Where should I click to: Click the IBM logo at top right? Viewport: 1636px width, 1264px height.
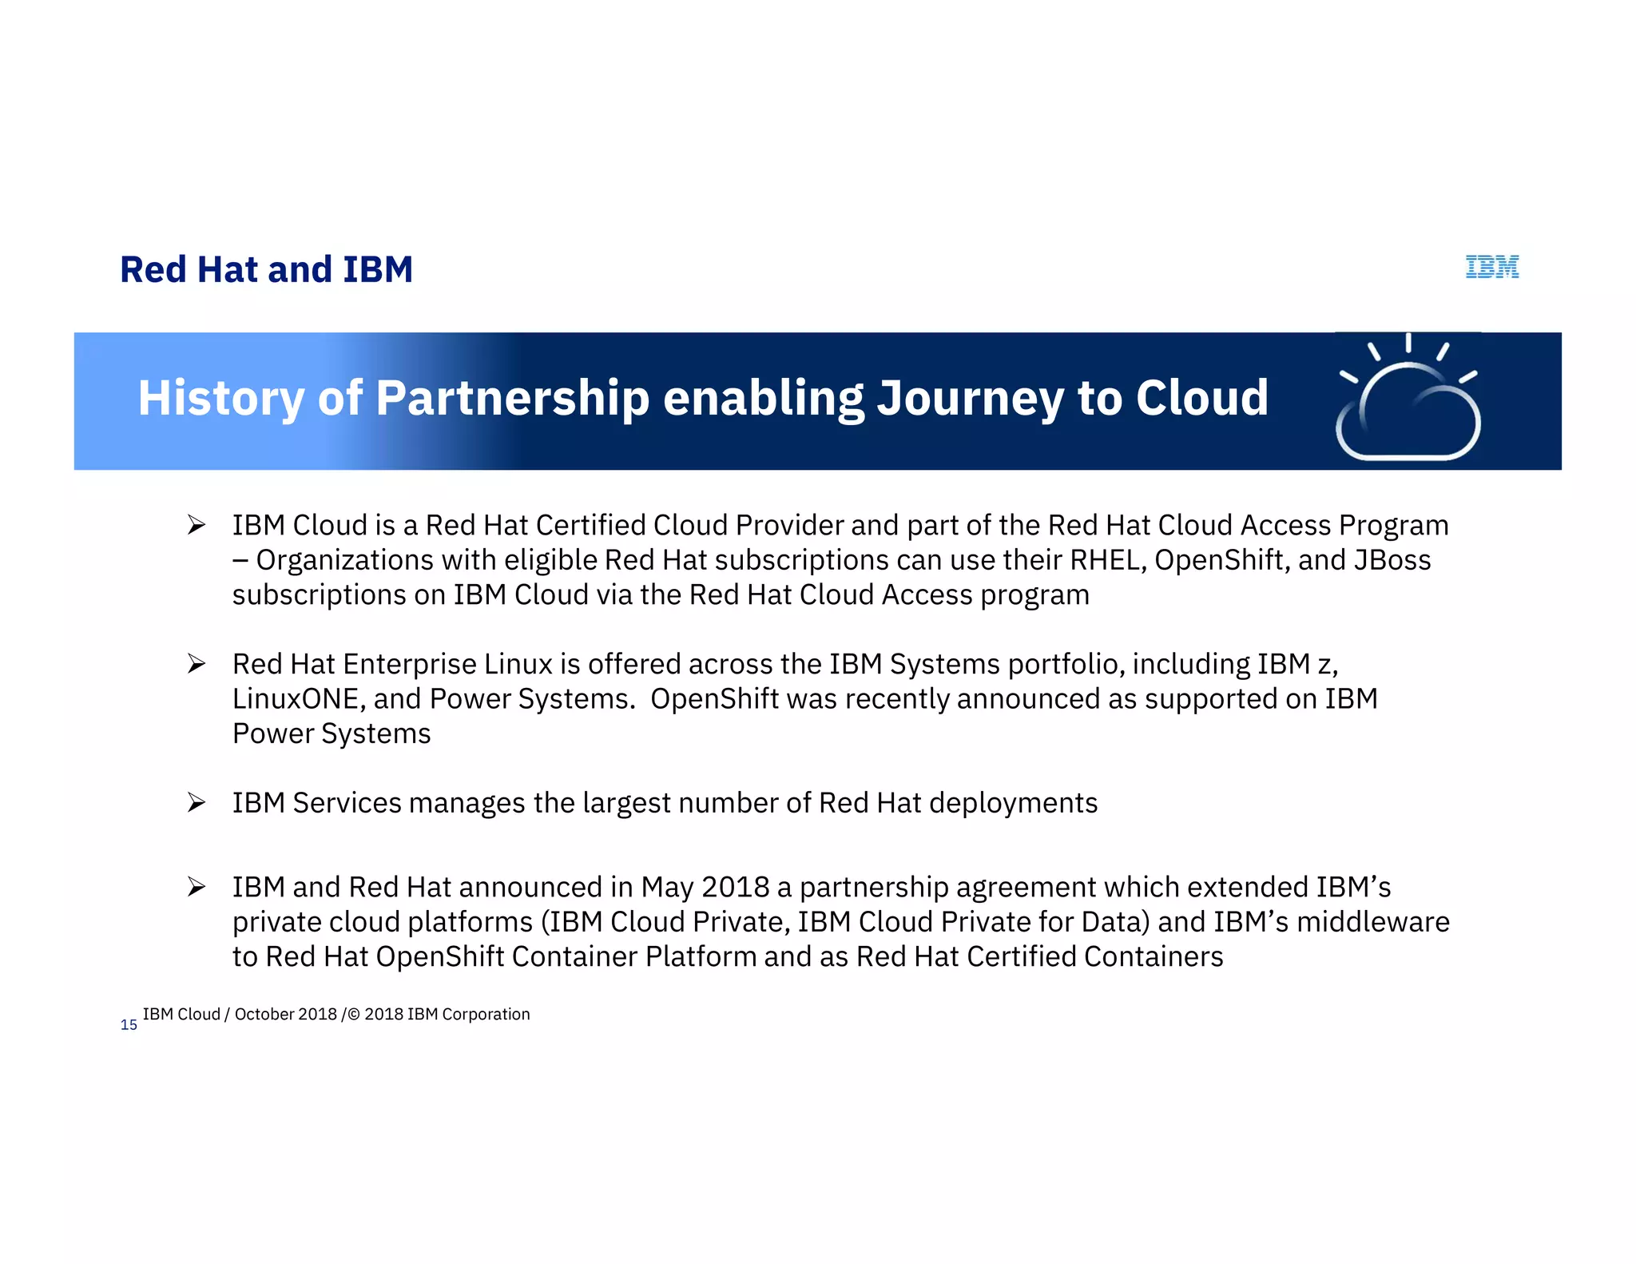[1491, 267]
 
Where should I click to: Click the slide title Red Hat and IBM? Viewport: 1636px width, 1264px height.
[266, 269]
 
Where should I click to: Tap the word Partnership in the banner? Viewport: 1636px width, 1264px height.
[512, 398]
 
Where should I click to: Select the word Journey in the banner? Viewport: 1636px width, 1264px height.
[970, 398]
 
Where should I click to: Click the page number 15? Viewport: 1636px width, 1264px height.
[129, 1025]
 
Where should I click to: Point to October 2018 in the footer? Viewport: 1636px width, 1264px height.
[285, 1014]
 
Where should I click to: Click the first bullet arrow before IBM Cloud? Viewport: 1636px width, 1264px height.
[197, 525]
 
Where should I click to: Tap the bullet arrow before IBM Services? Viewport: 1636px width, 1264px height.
[197, 802]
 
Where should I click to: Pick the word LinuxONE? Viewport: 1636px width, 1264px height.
[295, 699]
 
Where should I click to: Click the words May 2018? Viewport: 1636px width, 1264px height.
[705, 887]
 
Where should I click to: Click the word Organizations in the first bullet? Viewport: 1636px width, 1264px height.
[344, 560]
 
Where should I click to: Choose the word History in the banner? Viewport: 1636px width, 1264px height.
[220, 398]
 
